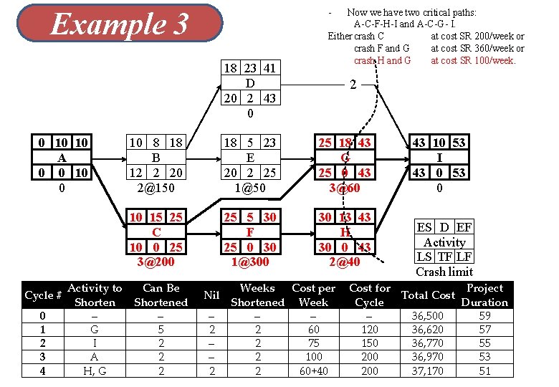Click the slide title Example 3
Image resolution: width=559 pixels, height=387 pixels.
(119, 24)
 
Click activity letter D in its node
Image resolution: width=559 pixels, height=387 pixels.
(250, 83)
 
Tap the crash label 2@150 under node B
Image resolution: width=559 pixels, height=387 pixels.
(156, 188)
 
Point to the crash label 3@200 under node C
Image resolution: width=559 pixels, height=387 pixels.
(156, 261)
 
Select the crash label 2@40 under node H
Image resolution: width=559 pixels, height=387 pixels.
(345, 261)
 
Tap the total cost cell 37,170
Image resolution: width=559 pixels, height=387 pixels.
(428, 371)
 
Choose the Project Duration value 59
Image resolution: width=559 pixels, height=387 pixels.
(484, 316)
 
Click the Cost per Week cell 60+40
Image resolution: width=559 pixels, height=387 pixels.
(313, 371)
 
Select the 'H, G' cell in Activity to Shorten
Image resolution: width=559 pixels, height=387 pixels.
(95, 371)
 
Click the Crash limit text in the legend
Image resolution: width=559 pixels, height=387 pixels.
(444, 271)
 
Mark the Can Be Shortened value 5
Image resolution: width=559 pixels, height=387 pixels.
(161, 330)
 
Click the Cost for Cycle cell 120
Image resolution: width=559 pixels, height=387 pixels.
(370, 330)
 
